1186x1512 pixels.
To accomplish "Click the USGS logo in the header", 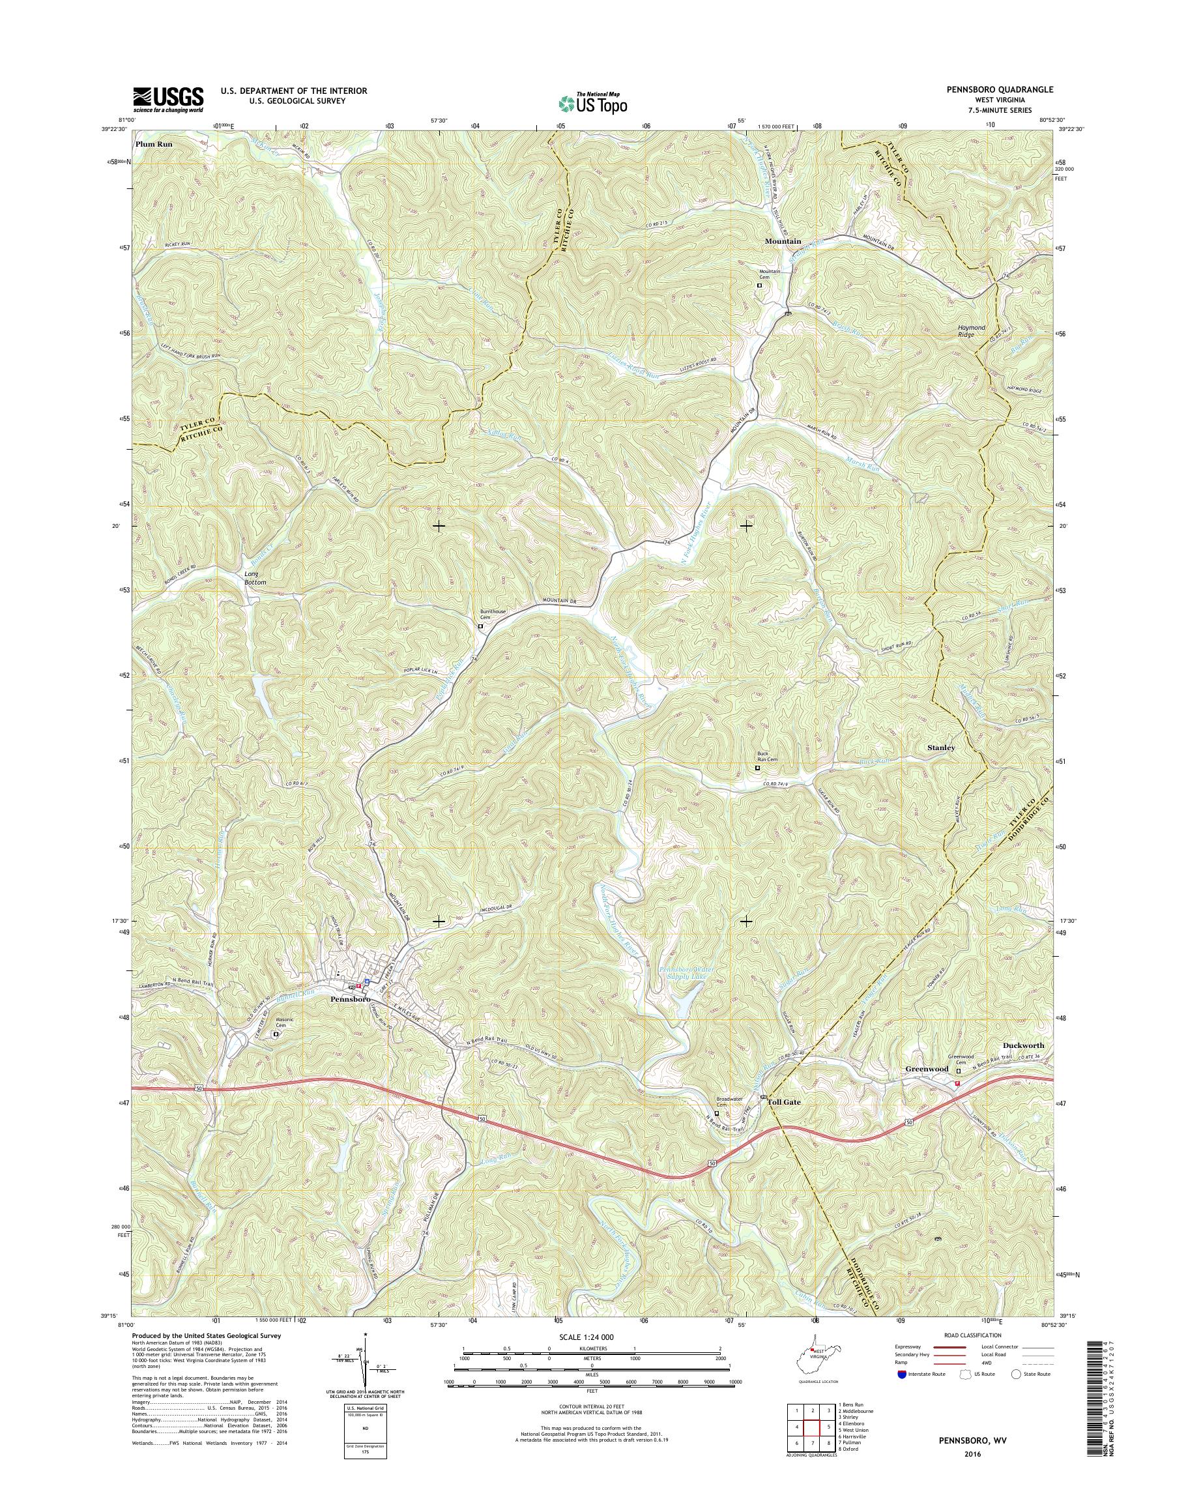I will [x=168, y=99].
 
